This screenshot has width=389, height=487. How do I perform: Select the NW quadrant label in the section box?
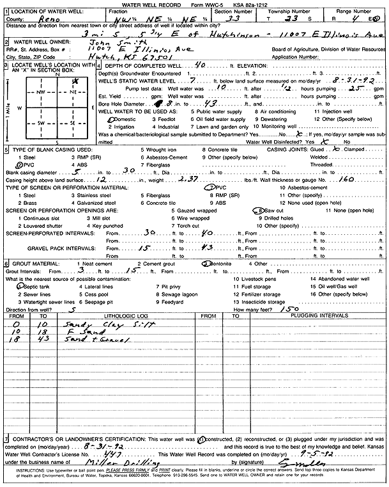click(42, 93)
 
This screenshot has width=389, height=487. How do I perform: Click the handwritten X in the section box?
click(75, 82)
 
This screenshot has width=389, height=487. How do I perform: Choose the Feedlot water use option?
click(174, 120)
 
